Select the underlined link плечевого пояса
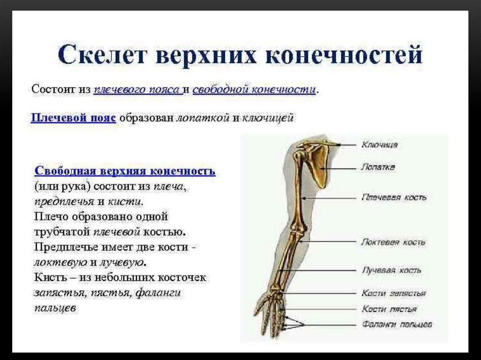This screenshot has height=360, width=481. tap(138, 89)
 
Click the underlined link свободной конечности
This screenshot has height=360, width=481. tap(254, 89)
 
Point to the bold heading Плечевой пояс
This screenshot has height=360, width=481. tap(73, 117)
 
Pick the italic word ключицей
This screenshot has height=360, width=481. tap(268, 118)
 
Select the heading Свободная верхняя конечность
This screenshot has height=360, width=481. tap(125, 170)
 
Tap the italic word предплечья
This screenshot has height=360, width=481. tap(64, 202)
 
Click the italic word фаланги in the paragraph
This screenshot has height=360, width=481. tap(158, 292)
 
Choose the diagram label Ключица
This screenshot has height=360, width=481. tap(380, 145)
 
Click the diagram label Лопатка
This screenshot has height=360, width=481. tap(378, 167)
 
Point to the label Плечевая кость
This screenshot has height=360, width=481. tap(394, 197)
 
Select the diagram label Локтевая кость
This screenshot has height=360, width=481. tap(393, 242)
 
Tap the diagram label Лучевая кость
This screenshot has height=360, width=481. tap(392, 270)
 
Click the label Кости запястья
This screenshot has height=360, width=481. tap(394, 293)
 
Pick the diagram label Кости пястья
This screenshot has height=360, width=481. tap(389, 309)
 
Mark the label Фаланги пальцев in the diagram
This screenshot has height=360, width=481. tap(397, 324)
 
